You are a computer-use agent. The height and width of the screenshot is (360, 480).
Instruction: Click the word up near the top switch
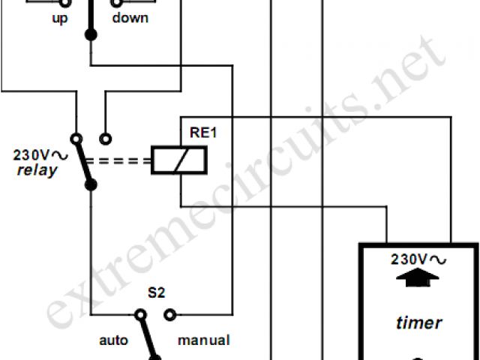coord(60,17)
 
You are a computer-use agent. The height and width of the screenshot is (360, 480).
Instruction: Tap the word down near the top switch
coord(130,17)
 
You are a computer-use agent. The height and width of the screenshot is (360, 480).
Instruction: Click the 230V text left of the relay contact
coord(31,155)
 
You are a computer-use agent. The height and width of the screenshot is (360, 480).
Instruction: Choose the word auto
coord(114,340)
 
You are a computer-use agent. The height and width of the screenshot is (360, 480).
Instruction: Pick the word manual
coord(203,340)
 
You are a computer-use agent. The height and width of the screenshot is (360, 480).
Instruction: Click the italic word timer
coord(418,323)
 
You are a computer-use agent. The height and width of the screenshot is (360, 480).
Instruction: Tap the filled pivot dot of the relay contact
coord(90,181)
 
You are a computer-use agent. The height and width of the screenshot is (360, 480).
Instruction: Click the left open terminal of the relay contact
coord(76,139)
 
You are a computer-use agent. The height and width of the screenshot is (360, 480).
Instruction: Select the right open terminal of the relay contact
coord(106,139)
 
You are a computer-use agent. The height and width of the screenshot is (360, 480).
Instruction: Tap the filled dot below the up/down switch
coord(90,34)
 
